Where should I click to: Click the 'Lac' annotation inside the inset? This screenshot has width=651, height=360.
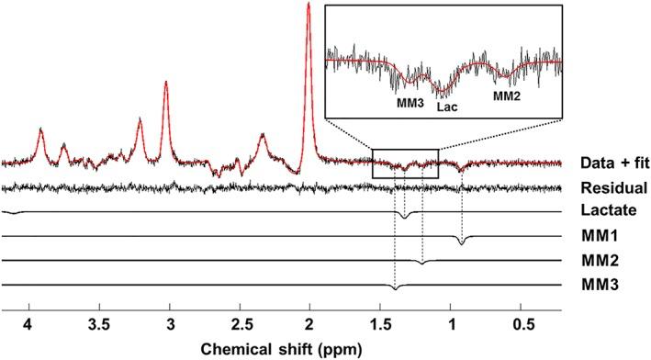(446, 107)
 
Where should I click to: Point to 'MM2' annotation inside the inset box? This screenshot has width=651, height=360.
(508, 95)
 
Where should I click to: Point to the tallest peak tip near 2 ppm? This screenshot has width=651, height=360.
(309, 5)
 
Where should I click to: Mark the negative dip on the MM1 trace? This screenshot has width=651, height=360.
(461, 243)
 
